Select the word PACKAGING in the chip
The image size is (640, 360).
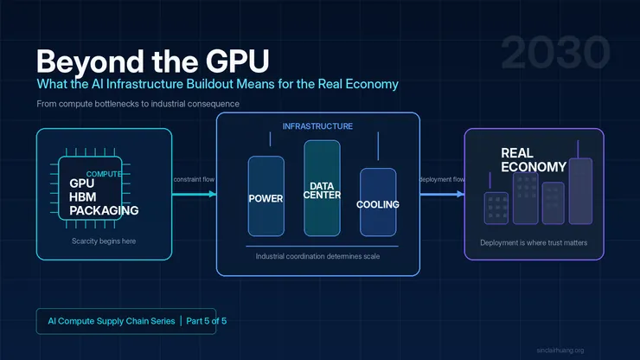(104, 210)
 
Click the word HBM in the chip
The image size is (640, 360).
(84, 196)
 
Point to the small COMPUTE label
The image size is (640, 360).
(103, 174)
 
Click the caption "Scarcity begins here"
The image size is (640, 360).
(104, 241)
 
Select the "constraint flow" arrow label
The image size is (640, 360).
(194, 179)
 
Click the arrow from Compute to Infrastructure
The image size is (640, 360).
(194, 194)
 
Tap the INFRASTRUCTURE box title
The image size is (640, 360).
(317, 126)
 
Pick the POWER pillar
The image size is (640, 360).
(266, 197)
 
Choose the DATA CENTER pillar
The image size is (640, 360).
(321, 189)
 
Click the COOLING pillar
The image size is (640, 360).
(378, 204)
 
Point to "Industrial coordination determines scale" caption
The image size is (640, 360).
(317, 256)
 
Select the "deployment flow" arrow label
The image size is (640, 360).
(442, 179)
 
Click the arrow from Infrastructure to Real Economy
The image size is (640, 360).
(442, 194)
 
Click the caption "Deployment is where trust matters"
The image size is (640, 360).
(534, 243)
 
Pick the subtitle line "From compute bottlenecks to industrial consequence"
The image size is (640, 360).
(138, 104)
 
